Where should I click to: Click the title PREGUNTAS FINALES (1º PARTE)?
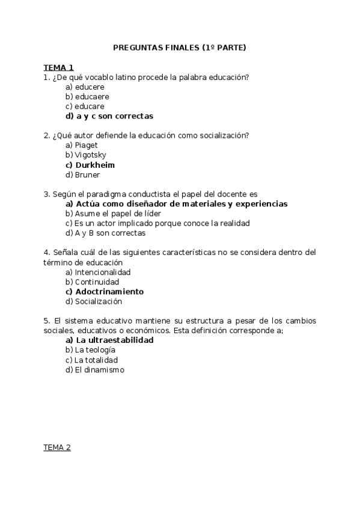[x=180, y=48]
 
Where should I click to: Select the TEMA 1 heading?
[x=58, y=67]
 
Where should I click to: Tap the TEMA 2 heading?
[x=57, y=447]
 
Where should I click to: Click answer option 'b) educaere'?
[x=87, y=97]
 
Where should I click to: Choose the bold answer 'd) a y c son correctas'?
[x=109, y=116]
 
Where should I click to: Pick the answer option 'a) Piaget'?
[x=82, y=146]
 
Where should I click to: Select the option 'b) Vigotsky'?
[x=86, y=155]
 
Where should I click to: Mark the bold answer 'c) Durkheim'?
[x=90, y=165]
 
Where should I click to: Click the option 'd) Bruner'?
[x=83, y=175]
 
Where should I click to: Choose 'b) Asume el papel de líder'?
[x=114, y=214]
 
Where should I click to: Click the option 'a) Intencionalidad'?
[x=98, y=272]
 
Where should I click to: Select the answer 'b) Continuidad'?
[x=93, y=282]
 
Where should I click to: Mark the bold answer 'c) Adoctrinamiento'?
[x=105, y=292]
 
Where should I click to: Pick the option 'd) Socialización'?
[x=94, y=301]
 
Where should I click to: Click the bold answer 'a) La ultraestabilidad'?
[x=109, y=340]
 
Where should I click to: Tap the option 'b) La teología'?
[x=90, y=350]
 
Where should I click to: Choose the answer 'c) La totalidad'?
[x=92, y=360]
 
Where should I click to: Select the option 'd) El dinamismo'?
[x=95, y=370]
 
